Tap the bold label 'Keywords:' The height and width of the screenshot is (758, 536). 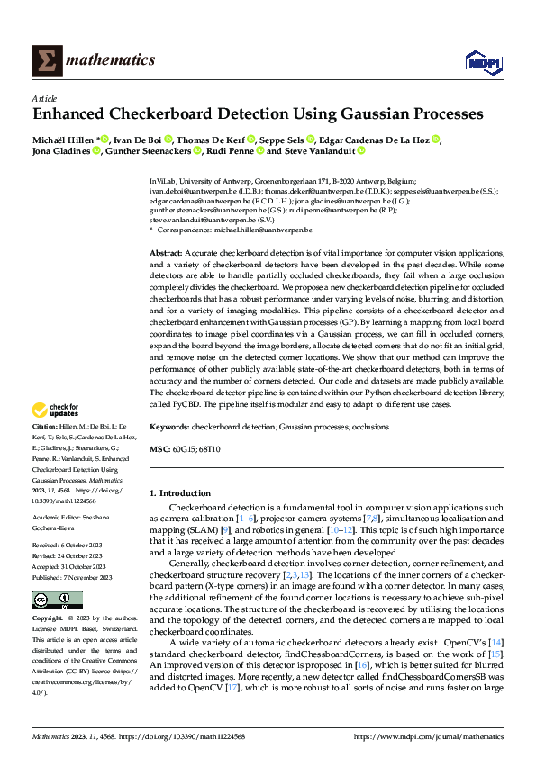(170, 427)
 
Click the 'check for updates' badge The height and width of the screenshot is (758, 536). (56, 410)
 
